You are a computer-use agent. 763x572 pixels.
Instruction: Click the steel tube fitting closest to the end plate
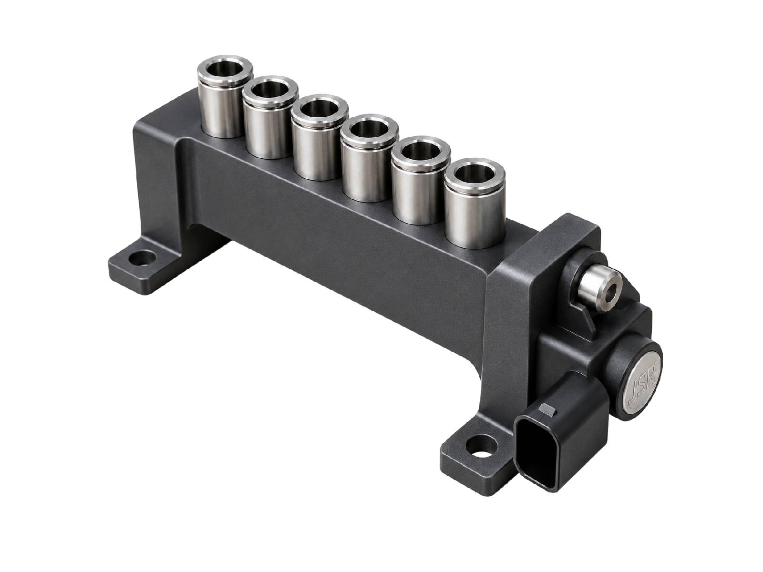pos(474,203)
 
